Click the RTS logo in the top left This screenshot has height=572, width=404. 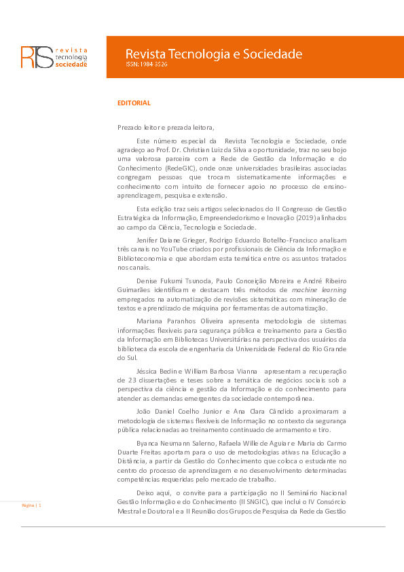[x=54, y=57]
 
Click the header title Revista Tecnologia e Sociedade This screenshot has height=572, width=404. [x=214, y=54]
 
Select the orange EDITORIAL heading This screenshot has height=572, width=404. [x=134, y=103]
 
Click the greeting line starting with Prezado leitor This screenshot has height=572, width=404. [x=166, y=127]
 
